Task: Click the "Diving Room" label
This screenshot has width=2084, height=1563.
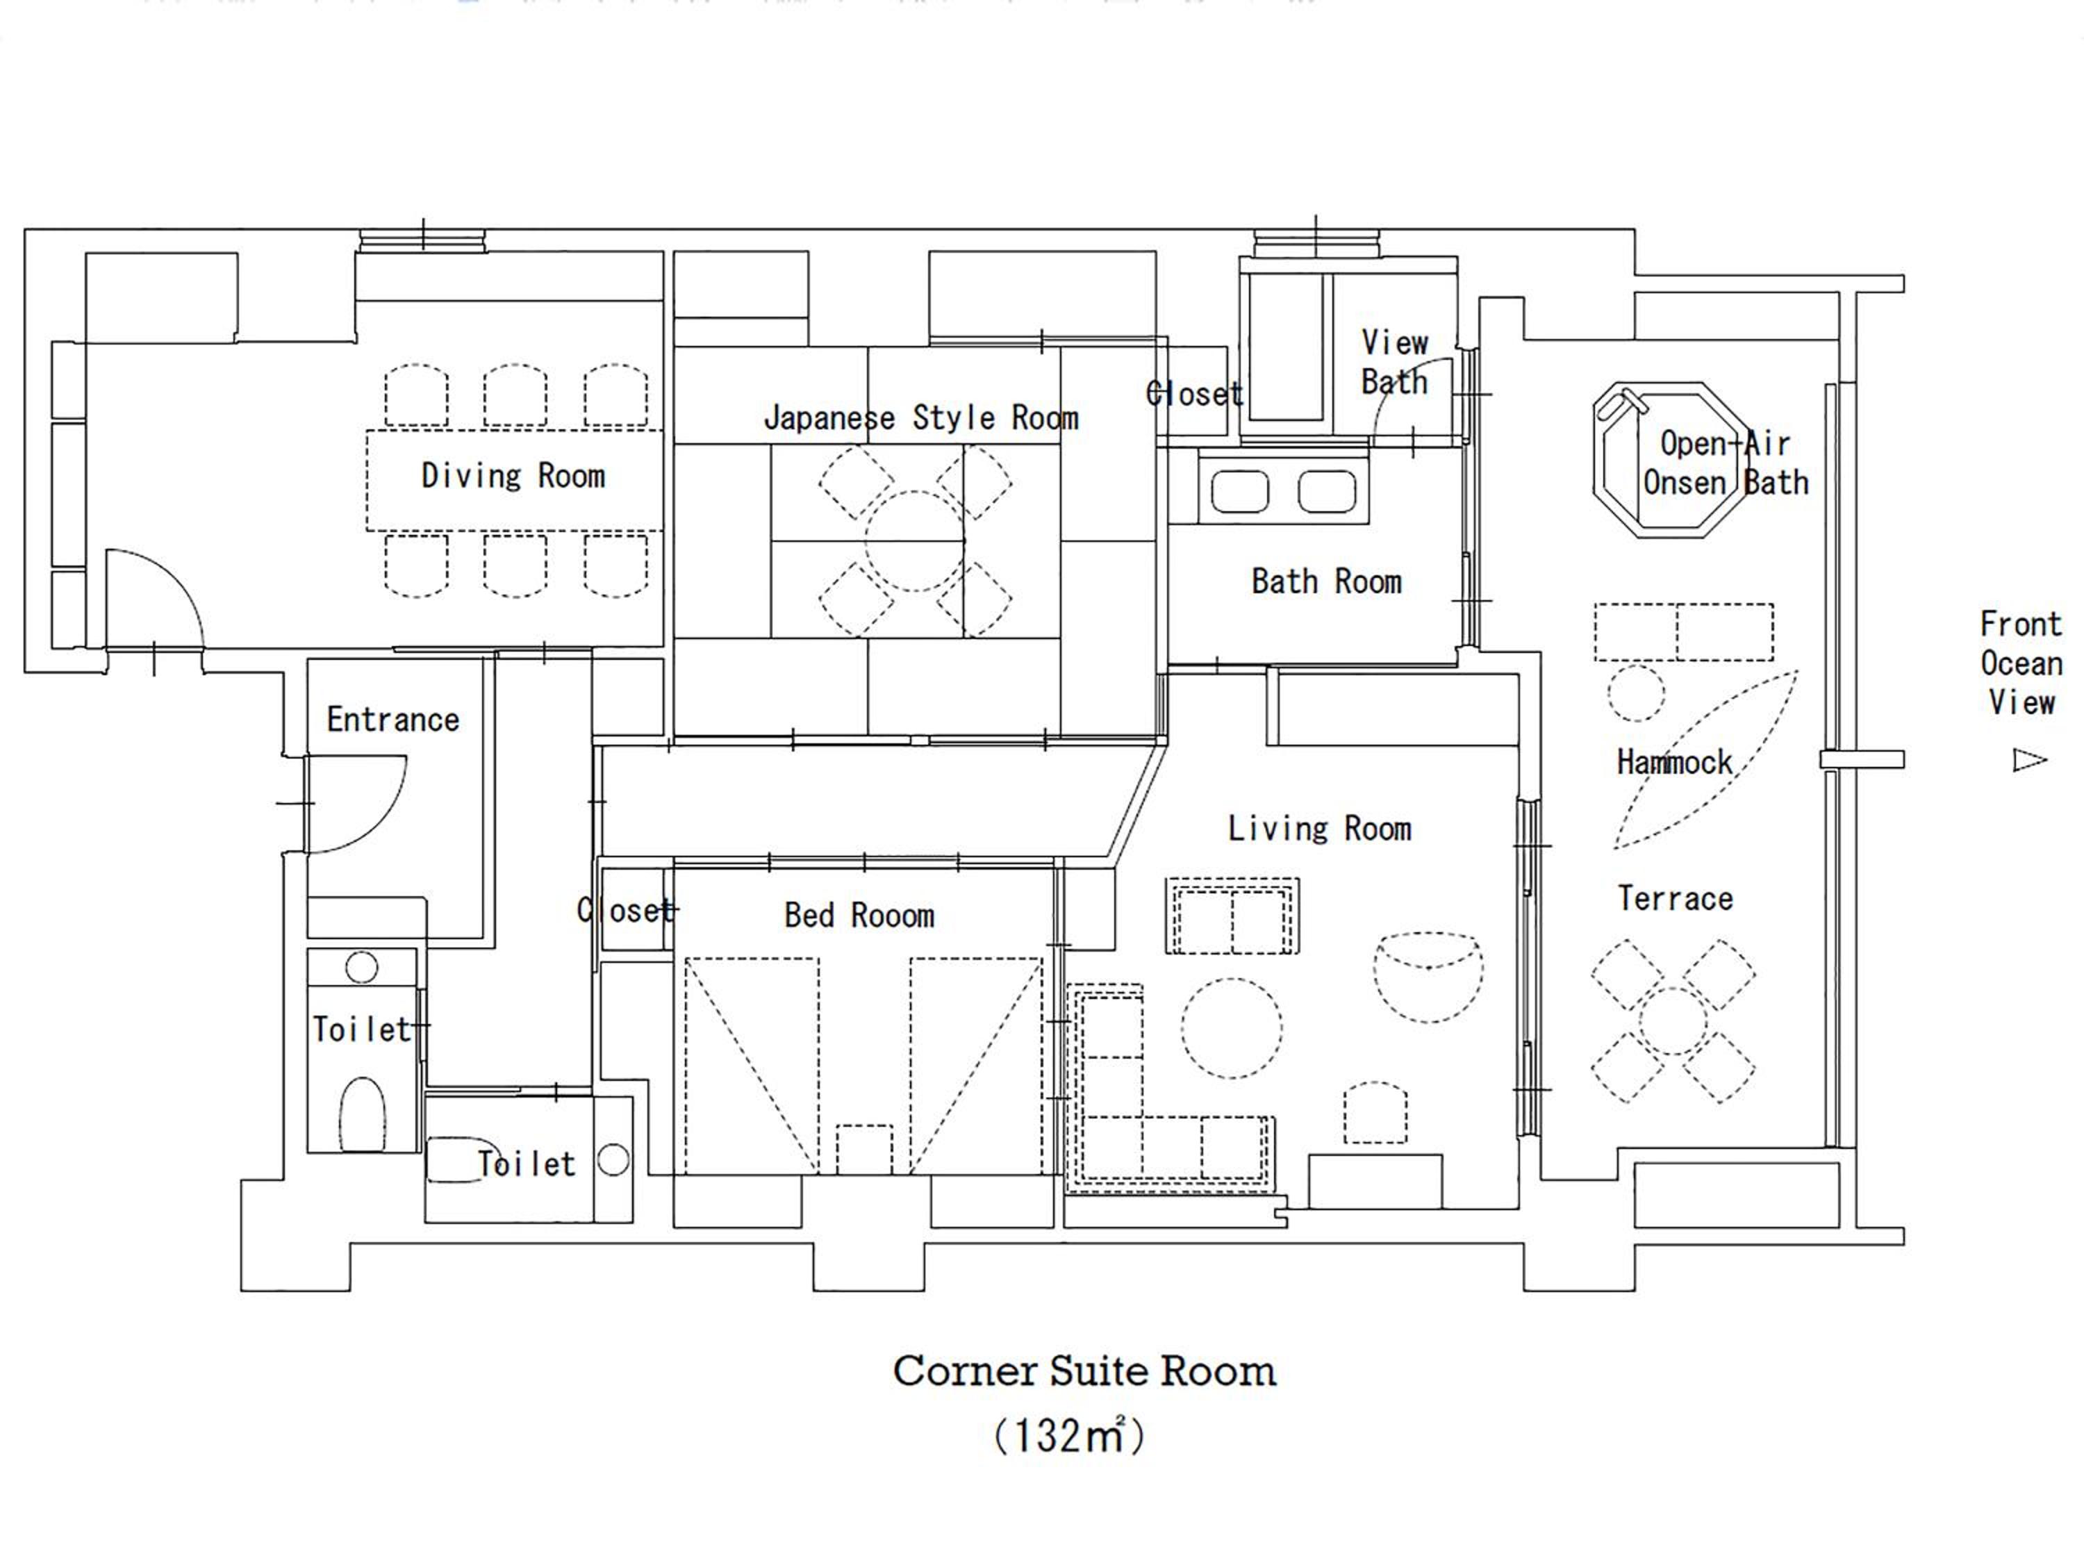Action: click(513, 476)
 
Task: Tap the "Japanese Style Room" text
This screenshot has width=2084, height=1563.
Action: click(920, 417)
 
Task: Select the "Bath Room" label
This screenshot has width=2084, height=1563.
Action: click(1327, 581)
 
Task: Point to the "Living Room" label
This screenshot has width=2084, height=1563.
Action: click(1319, 828)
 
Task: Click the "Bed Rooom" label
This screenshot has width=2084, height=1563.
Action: click(859, 915)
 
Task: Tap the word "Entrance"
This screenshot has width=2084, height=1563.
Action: click(393, 720)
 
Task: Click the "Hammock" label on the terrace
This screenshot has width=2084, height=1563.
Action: click(1674, 761)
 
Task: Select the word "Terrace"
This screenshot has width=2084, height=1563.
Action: click(1675, 899)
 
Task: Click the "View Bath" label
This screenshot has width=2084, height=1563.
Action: click(1394, 362)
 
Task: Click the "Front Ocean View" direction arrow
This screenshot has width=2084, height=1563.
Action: click(2029, 759)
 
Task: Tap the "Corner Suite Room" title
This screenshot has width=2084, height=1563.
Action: click(1084, 1372)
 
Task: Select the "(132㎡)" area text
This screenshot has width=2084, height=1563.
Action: click(1069, 1436)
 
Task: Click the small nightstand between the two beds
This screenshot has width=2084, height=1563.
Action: click(864, 1150)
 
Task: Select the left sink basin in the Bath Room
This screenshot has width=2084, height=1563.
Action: click(1240, 492)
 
